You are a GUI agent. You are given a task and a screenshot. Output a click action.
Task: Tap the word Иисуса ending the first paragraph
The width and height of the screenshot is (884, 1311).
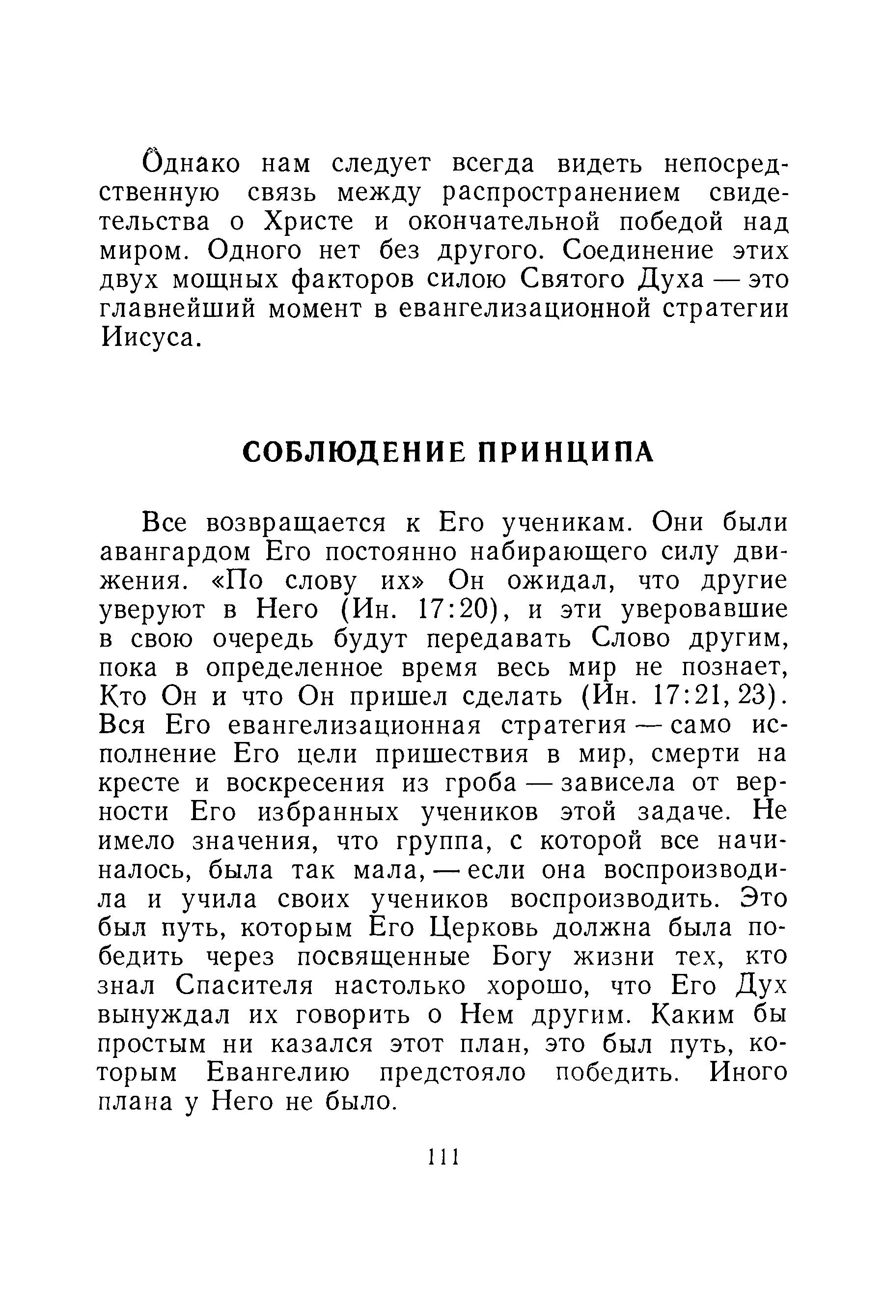pyautogui.click(x=148, y=338)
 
